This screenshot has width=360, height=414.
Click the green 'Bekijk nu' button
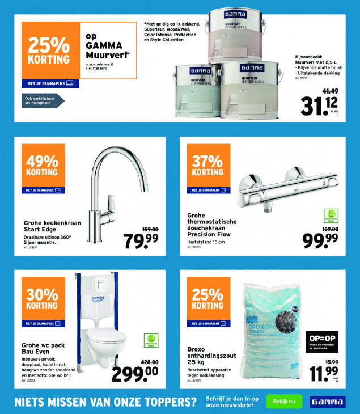coord(284,401)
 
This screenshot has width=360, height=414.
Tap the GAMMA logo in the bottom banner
coord(327,402)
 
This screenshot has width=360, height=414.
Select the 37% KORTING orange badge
coord(207,166)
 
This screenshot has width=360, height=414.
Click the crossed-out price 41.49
coord(331,91)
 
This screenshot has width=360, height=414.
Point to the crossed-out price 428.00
coord(149,361)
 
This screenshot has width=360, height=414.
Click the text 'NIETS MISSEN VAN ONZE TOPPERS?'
coord(105,402)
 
